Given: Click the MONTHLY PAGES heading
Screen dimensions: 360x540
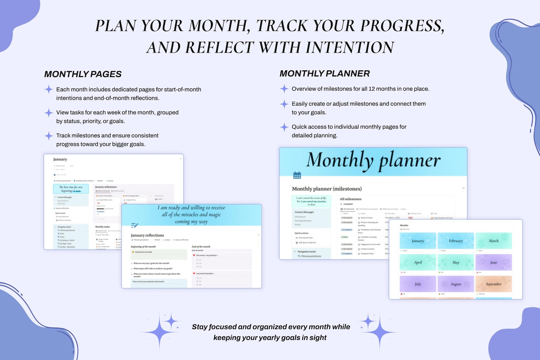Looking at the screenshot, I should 83,74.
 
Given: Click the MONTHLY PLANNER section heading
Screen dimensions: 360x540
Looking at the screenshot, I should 324,73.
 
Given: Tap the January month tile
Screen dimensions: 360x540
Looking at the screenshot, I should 418,241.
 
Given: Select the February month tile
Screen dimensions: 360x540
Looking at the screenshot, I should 456,241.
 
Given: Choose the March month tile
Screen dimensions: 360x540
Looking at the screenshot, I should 493,241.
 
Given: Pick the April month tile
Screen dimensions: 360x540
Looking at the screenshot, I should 418,262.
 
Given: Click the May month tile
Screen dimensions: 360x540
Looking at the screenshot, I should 456,262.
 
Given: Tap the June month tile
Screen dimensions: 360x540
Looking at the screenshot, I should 493,262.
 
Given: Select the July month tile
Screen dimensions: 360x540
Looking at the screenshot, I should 418,284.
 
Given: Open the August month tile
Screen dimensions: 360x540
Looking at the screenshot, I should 456,284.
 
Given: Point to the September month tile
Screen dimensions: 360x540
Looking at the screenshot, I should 493,284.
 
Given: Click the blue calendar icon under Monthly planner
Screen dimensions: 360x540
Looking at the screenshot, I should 297,175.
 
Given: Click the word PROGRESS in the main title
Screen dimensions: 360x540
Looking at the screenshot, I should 402,26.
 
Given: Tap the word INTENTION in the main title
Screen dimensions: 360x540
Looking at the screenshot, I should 350,48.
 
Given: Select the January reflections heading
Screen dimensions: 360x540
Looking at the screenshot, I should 147,235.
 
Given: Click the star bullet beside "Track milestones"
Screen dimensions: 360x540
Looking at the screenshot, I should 49,136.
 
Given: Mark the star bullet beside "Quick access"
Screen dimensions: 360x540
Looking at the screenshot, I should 284,127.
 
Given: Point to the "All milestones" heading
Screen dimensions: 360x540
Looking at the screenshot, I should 351,199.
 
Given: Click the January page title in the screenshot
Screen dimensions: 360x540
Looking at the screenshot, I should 60,159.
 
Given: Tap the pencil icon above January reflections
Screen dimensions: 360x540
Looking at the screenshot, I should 135,225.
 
